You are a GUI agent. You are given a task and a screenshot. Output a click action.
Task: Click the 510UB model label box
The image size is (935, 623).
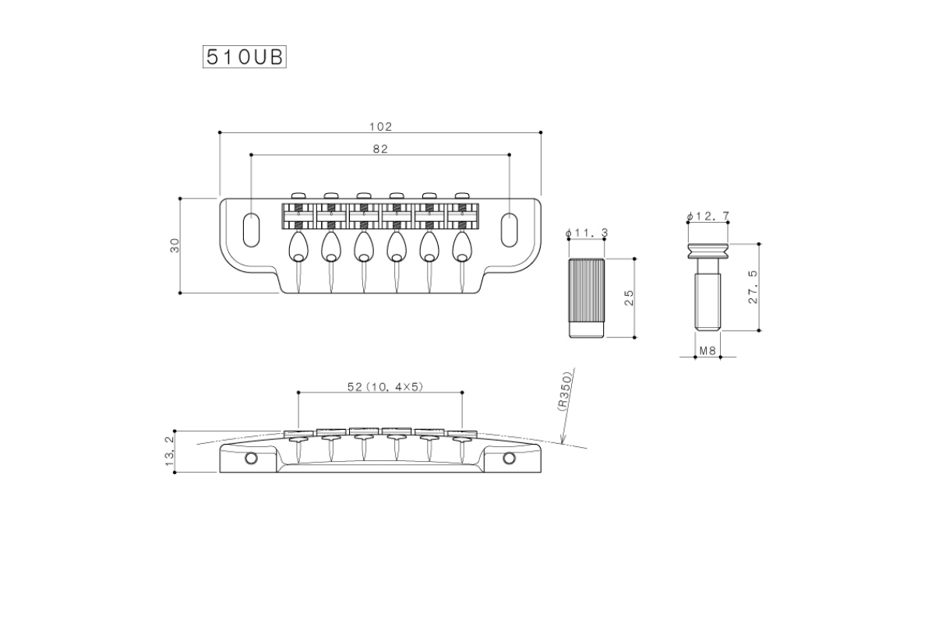245,57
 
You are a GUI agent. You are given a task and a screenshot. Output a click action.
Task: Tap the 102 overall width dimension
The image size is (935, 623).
381,127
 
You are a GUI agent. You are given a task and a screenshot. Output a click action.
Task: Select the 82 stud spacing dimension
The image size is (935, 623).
380,149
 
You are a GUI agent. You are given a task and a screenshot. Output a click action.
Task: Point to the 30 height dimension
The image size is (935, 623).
175,245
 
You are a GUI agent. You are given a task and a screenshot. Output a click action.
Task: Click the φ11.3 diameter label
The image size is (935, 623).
587,234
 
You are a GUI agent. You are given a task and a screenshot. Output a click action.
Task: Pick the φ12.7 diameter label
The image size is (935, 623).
708,216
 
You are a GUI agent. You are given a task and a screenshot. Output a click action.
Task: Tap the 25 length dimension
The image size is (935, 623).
629,298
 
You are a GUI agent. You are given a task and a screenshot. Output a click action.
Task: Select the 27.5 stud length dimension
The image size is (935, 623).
753,287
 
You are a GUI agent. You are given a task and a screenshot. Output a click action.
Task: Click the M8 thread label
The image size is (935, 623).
708,351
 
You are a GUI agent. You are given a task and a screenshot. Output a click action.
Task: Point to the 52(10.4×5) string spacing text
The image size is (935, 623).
385,387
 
